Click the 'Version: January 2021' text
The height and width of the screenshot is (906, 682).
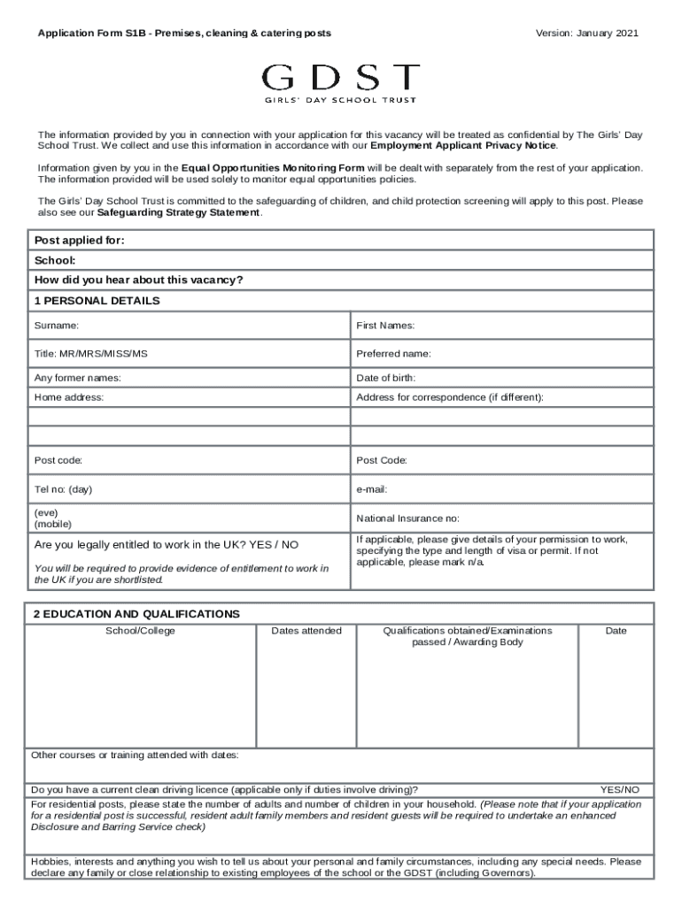tap(586, 34)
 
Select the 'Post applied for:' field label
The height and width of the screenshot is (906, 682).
tap(79, 241)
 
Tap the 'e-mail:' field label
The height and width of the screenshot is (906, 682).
tap(372, 489)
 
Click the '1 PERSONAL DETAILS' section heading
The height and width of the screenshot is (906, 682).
tap(97, 301)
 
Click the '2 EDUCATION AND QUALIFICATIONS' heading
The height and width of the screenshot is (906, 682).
tap(136, 613)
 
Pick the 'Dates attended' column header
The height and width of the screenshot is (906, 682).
tap(306, 631)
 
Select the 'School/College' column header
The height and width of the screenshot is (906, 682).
tap(141, 631)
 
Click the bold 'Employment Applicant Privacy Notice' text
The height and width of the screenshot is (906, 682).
tap(463, 145)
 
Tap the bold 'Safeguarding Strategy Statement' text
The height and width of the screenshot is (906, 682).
tap(179, 213)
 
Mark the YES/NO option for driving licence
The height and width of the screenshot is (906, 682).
tap(619, 789)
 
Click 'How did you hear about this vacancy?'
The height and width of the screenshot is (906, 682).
tap(138, 280)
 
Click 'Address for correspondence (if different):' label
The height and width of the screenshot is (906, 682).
tap(449, 397)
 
